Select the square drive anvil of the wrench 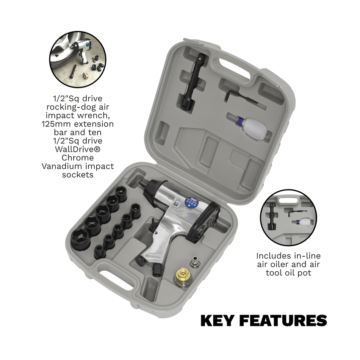142,183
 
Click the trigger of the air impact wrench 153,227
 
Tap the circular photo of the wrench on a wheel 78,59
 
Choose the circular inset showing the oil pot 288,217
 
